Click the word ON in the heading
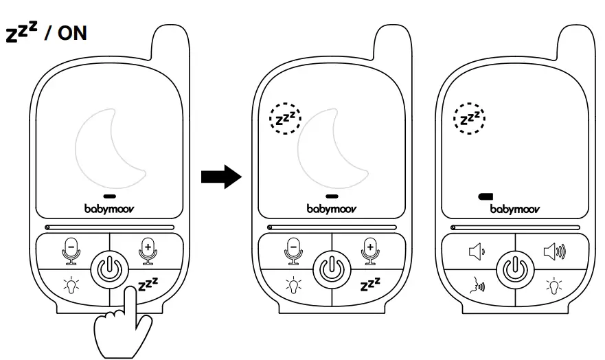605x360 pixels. click(72, 33)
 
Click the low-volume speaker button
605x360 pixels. click(476, 253)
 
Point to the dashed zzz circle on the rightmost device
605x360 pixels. click(470, 119)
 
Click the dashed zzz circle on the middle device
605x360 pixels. click(285, 119)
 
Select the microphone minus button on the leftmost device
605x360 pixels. click(71, 251)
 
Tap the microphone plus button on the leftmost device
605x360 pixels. click(146, 251)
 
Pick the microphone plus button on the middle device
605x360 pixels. click(369, 251)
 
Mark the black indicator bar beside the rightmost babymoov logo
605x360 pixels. click(486, 196)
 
